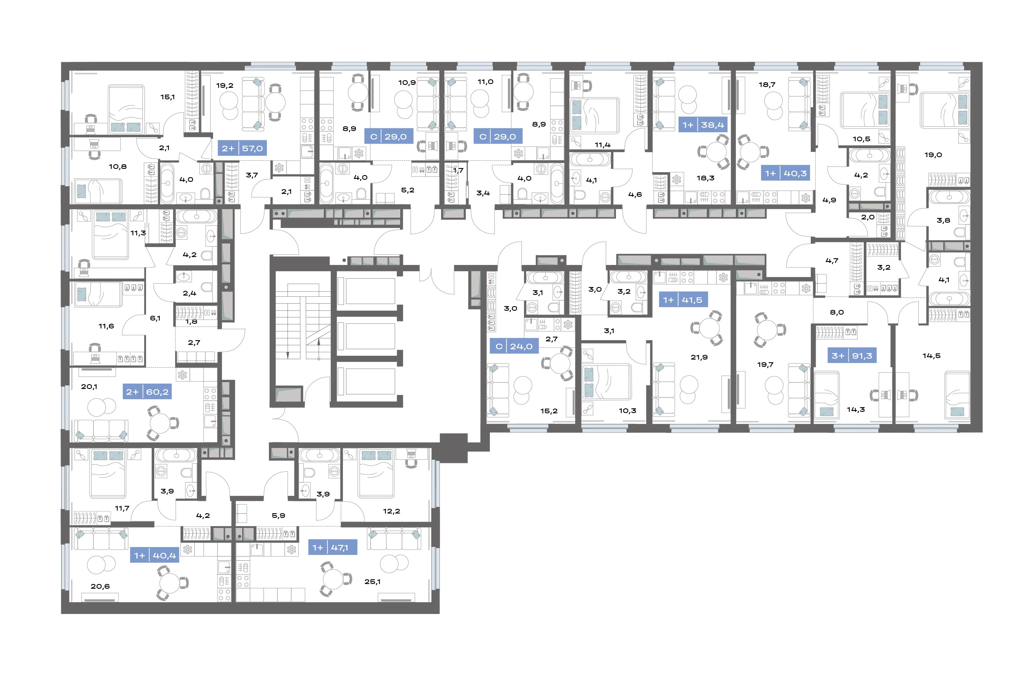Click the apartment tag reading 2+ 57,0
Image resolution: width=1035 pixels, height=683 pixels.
pyautogui.click(x=242, y=149)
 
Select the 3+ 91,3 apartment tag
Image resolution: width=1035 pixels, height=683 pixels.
pyautogui.click(x=852, y=356)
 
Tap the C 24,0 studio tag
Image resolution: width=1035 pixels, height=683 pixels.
pyautogui.click(x=514, y=346)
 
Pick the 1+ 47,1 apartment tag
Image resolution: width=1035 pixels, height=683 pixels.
pyautogui.click(x=332, y=548)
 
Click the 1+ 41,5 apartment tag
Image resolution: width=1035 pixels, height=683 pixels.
pyautogui.click(x=683, y=300)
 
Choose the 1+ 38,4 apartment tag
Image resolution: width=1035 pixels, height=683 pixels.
pyautogui.click(x=703, y=125)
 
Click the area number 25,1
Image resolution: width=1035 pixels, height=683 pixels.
pyautogui.click(x=372, y=582)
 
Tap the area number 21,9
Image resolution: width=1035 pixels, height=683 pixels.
pyautogui.click(x=699, y=357)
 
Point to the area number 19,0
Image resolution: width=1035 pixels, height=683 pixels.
pyautogui.click(x=933, y=155)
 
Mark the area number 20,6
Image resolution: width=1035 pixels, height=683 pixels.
pyautogui.click(x=100, y=586)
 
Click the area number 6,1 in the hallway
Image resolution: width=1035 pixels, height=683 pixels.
pyautogui.click(x=155, y=318)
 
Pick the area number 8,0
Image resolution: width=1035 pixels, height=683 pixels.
pyautogui.click(x=837, y=312)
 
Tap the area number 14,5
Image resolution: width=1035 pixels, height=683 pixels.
pyautogui.click(x=931, y=356)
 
